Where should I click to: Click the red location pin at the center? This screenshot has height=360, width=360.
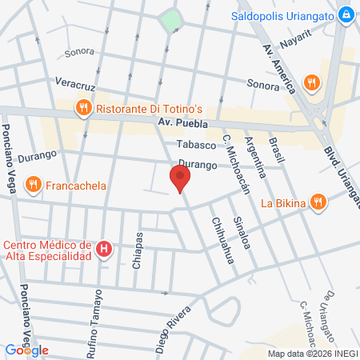180,178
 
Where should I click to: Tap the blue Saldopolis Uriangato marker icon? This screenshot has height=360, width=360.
345,15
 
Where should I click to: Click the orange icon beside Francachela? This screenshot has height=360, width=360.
33,186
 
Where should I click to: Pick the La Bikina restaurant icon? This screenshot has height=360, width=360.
318,202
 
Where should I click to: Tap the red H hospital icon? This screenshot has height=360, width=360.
103,250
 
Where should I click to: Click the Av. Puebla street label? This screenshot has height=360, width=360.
182,124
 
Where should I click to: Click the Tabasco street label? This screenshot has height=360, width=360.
197,145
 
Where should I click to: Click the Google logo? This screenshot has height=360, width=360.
27,350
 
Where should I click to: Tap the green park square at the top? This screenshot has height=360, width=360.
170,20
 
